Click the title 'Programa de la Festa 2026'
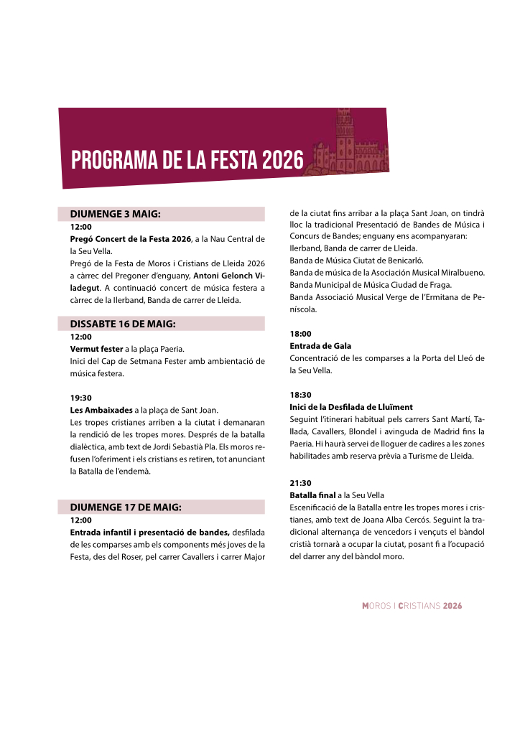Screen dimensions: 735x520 (187, 160)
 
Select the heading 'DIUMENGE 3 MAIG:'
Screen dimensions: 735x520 (115, 214)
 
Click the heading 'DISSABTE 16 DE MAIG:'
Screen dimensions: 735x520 (123, 324)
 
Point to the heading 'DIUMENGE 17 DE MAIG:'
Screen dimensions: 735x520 (126, 507)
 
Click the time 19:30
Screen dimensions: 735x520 (80, 398)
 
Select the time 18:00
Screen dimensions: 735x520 (300, 334)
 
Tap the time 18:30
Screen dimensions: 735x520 (300, 395)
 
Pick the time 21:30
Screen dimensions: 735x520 (300, 483)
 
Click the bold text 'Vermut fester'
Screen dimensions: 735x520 (96, 349)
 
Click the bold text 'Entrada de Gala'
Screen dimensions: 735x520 (320, 346)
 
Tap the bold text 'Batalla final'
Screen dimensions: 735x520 (316, 495)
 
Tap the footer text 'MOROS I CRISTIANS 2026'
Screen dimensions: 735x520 (412, 606)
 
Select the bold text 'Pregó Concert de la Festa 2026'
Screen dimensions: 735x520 (130, 238)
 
